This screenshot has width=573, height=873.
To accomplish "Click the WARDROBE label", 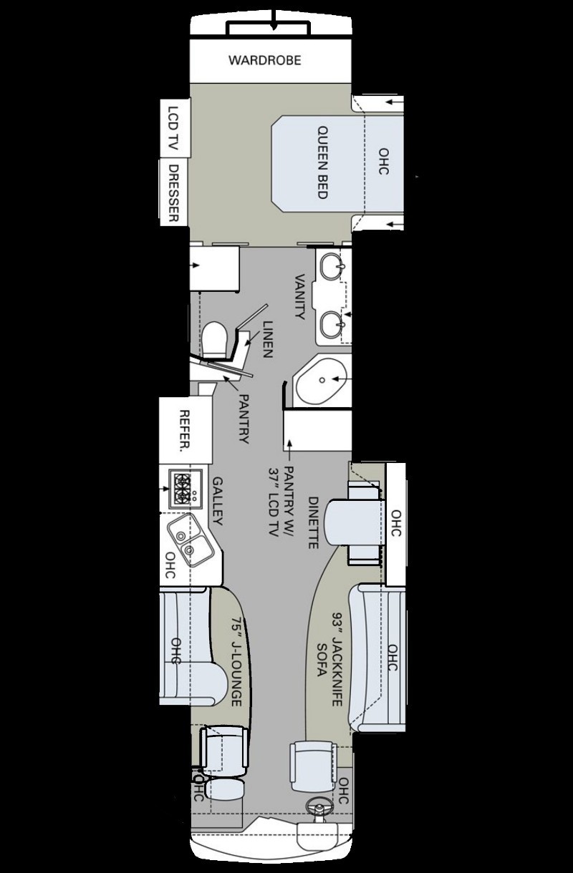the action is pyautogui.click(x=265, y=60).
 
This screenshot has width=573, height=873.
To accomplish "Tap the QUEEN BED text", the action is pyautogui.click(x=322, y=162).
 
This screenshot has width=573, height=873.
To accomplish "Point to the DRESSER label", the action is pyautogui.click(x=173, y=193).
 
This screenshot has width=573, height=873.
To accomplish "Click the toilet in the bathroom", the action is pyautogui.click(x=215, y=339).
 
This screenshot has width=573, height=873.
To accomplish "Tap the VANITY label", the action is pyautogui.click(x=299, y=297).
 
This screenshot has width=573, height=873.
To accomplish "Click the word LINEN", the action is pyautogui.click(x=268, y=339).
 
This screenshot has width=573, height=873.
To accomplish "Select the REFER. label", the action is pyautogui.click(x=184, y=431).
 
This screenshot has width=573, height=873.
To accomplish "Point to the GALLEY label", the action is pyautogui.click(x=217, y=501).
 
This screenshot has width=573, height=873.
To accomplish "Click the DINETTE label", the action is pyautogui.click(x=313, y=522).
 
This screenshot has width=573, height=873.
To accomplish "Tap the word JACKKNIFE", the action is pyautogui.click(x=336, y=658).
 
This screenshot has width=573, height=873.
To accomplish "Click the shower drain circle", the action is pyautogui.click(x=322, y=379).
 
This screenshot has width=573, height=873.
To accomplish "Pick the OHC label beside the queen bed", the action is pyautogui.click(x=384, y=161).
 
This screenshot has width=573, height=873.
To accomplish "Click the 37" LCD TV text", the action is pyautogui.click(x=274, y=502).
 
